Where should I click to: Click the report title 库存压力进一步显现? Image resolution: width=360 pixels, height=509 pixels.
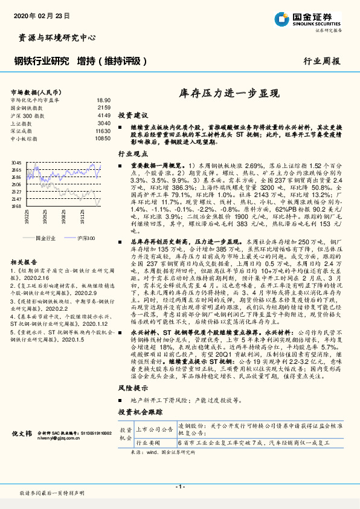(x=230, y=94)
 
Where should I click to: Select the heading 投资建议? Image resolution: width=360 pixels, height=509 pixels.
(x=132, y=114)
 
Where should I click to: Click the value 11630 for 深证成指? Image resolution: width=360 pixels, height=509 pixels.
(x=103, y=130)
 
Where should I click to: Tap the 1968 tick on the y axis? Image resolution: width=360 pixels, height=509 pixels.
(x=16, y=206)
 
